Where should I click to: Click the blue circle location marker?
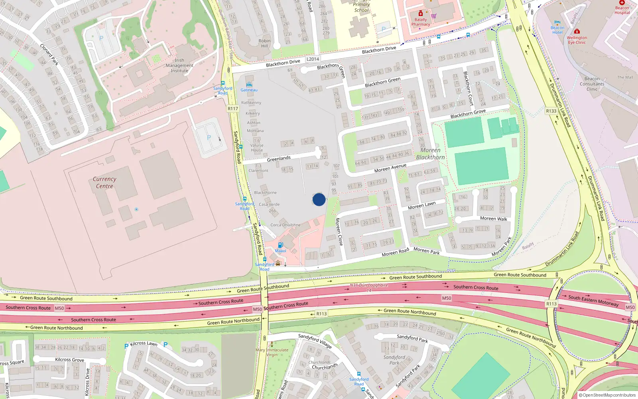(x=319, y=199)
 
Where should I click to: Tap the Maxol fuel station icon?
(x=280, y=245)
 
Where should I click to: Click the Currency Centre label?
(x=104, y=183)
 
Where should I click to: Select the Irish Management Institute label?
(x=179, y=65)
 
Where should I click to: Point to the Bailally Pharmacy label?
(x=421, y=22)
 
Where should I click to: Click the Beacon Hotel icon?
(x=557, y=23)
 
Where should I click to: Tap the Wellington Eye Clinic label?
(x=577, y=40)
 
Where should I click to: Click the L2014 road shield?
(x=313, y=59)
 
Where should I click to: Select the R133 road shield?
(x=551, y=111)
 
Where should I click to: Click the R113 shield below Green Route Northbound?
(x=321, y=314)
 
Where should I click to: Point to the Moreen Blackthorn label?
(x=430, y=154)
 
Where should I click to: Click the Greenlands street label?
(x=279, y=159)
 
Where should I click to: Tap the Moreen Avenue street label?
(x=390, y=168)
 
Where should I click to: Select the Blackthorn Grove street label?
(x=468, y=114)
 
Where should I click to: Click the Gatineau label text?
(x=249, y=90)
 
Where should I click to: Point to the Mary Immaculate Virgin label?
(x=272, y=352)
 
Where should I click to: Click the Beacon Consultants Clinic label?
(x=592, y=84)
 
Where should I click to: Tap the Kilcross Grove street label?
(x=69, y=359)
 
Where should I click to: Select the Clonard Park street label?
(x=49, y=54)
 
